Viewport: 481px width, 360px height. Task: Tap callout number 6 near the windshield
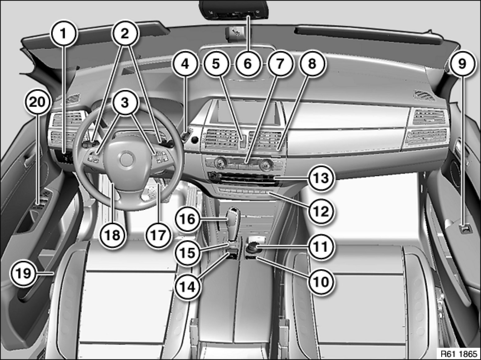[x=248, y=64]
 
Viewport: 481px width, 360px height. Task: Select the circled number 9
[x=462, y=64]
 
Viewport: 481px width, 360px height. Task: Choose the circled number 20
[x=38, y=102]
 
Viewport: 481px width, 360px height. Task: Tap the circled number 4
[x=185, y=64]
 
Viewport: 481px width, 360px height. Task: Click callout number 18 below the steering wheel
[x=113, y=236]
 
